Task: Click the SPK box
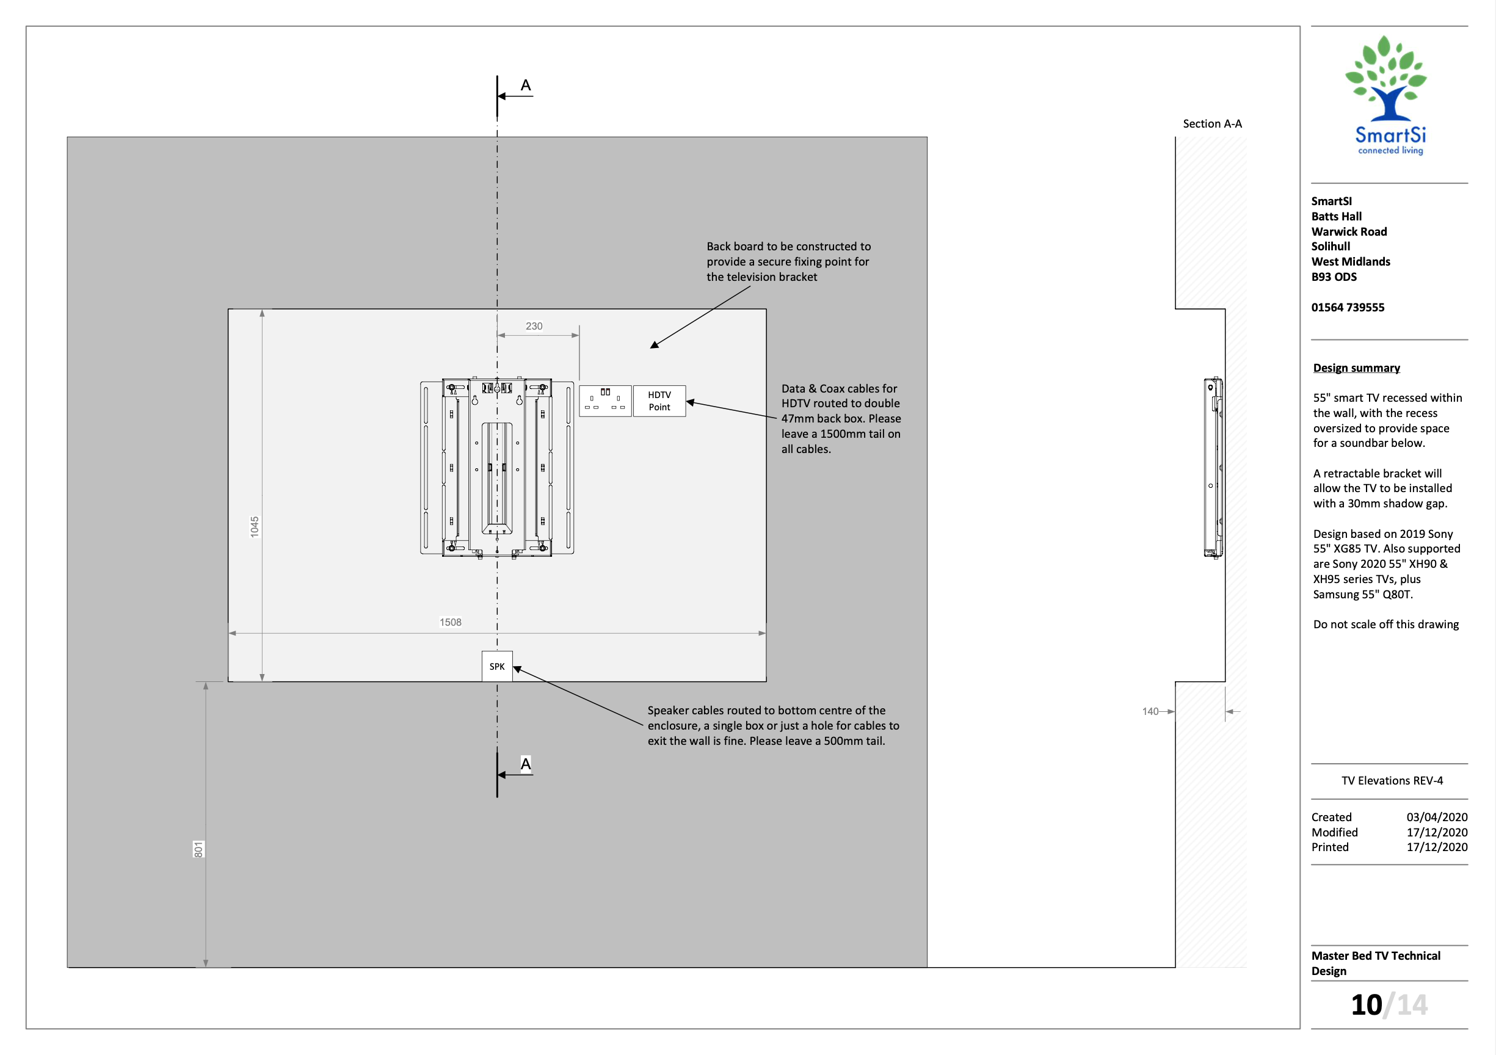[496, 666]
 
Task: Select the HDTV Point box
[659, 401]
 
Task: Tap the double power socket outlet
[605, 401]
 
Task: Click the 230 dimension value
[534, 326]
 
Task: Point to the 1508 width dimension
[450, 622]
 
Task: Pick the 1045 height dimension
[255, 526]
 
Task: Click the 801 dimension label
[198, 849]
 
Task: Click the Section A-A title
[1212, 124]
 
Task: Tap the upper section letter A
[525, 85]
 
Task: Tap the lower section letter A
[525, 763]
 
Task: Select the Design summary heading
[1356, 368]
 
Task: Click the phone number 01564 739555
[1348, 307]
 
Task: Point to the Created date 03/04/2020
[1436, 816]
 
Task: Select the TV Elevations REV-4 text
[1392, 780]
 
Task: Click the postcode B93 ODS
[1334, 277]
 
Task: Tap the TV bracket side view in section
[1213, 467]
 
